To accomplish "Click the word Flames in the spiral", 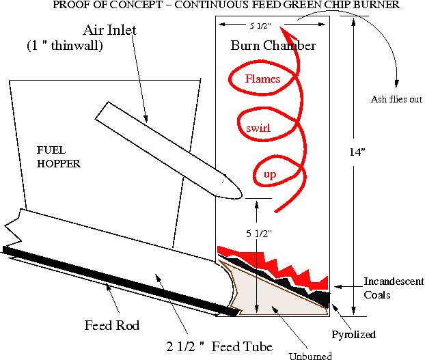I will coord(263,79).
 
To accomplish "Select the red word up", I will coord(269,176).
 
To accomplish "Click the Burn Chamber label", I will coord(272,46).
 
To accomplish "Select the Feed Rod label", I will coord(111,326).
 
